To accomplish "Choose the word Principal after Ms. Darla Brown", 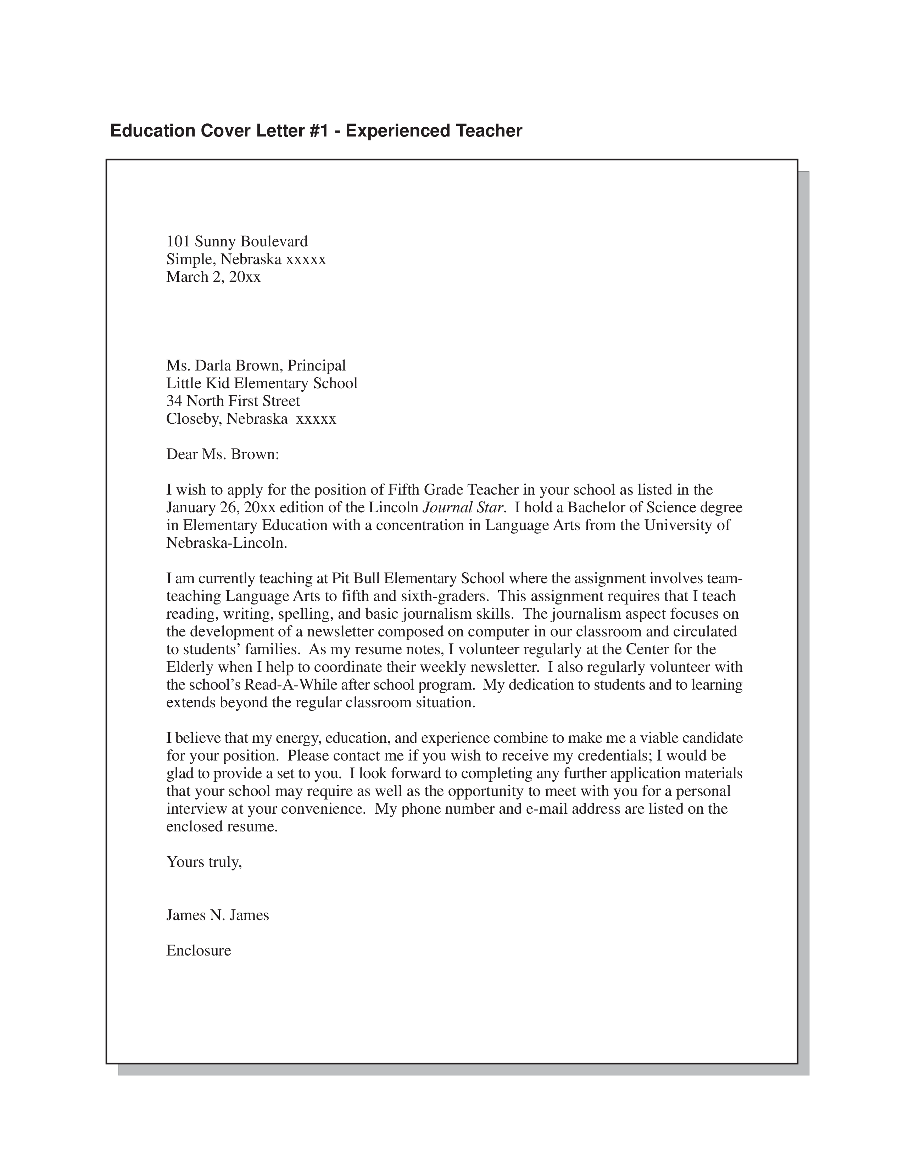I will [317, 366].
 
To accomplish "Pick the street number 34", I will [174, 401].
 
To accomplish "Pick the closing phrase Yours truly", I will [204, 862].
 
